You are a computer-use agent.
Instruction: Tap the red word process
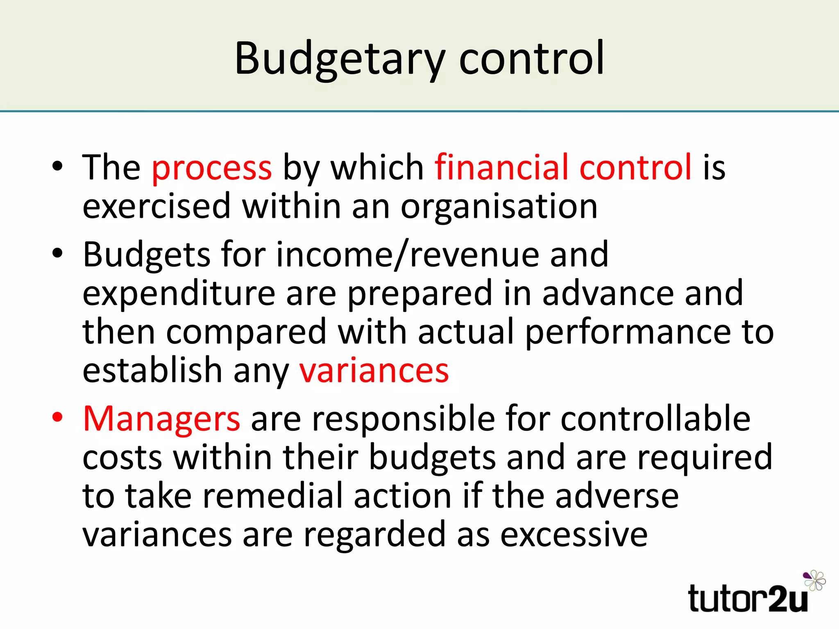[x=212, y=168]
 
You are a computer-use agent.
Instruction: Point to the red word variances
[x=374, y=371]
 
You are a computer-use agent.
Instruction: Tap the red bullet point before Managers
[x=58, y=418]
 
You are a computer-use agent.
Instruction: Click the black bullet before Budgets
[x=58, y=253]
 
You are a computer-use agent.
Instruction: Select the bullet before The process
[x=58, y=166]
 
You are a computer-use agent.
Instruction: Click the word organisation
[x=499, y=207]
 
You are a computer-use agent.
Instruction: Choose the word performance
[x=627, y=332]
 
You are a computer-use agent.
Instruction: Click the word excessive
[x=574, y=534]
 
